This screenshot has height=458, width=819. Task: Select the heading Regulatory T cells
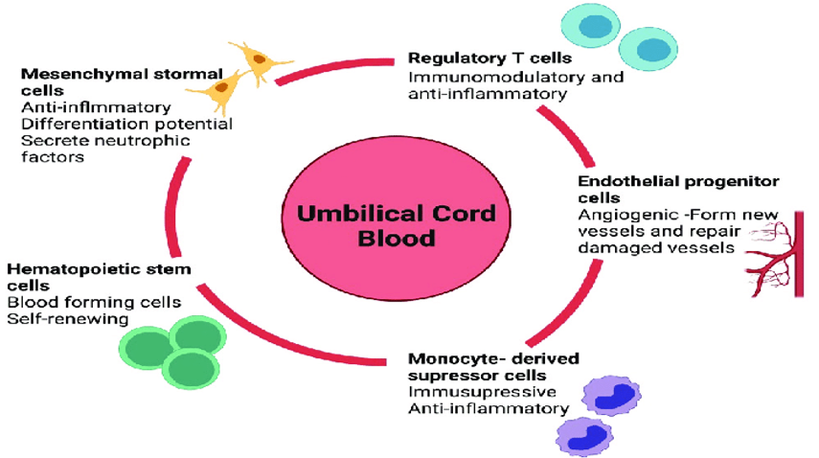click(489, 57)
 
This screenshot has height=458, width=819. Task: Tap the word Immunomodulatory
click(497, 78)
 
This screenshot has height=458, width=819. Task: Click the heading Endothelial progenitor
click(678, 181)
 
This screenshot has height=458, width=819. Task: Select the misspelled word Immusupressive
click(482, 392)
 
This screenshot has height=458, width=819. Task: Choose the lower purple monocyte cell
click(584, 436)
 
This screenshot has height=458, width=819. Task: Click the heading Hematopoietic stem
click(100, 269)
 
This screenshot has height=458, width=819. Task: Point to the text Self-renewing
click(68, 319)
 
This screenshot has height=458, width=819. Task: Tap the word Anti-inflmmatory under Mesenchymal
click(96, 107)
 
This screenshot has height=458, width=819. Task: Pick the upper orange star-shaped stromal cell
click(259, 60)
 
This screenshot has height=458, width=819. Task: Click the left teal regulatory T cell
click(591, 25)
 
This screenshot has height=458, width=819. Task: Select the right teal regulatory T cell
click(648, 49)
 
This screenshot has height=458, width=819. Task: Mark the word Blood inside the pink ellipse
click(396, 239)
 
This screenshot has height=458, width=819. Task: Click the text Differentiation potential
click(127, 125)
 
